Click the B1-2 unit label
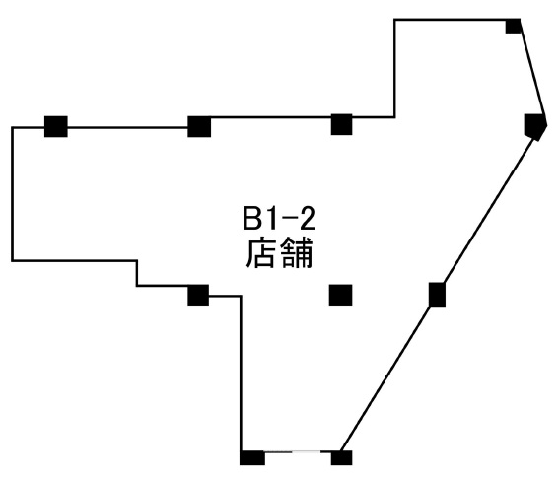279,219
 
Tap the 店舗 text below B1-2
279,253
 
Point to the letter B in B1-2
251,219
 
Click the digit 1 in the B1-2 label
269,219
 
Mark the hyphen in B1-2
288,222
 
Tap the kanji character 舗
298,253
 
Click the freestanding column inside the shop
340,295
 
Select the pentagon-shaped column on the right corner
534,127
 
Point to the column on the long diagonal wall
437,295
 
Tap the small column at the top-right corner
514,26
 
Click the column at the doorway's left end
252,457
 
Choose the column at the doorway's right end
341,457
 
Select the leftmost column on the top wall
56,126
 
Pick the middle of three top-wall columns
199,126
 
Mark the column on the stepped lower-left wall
198,295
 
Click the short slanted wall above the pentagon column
533,67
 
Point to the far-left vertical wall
12,194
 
